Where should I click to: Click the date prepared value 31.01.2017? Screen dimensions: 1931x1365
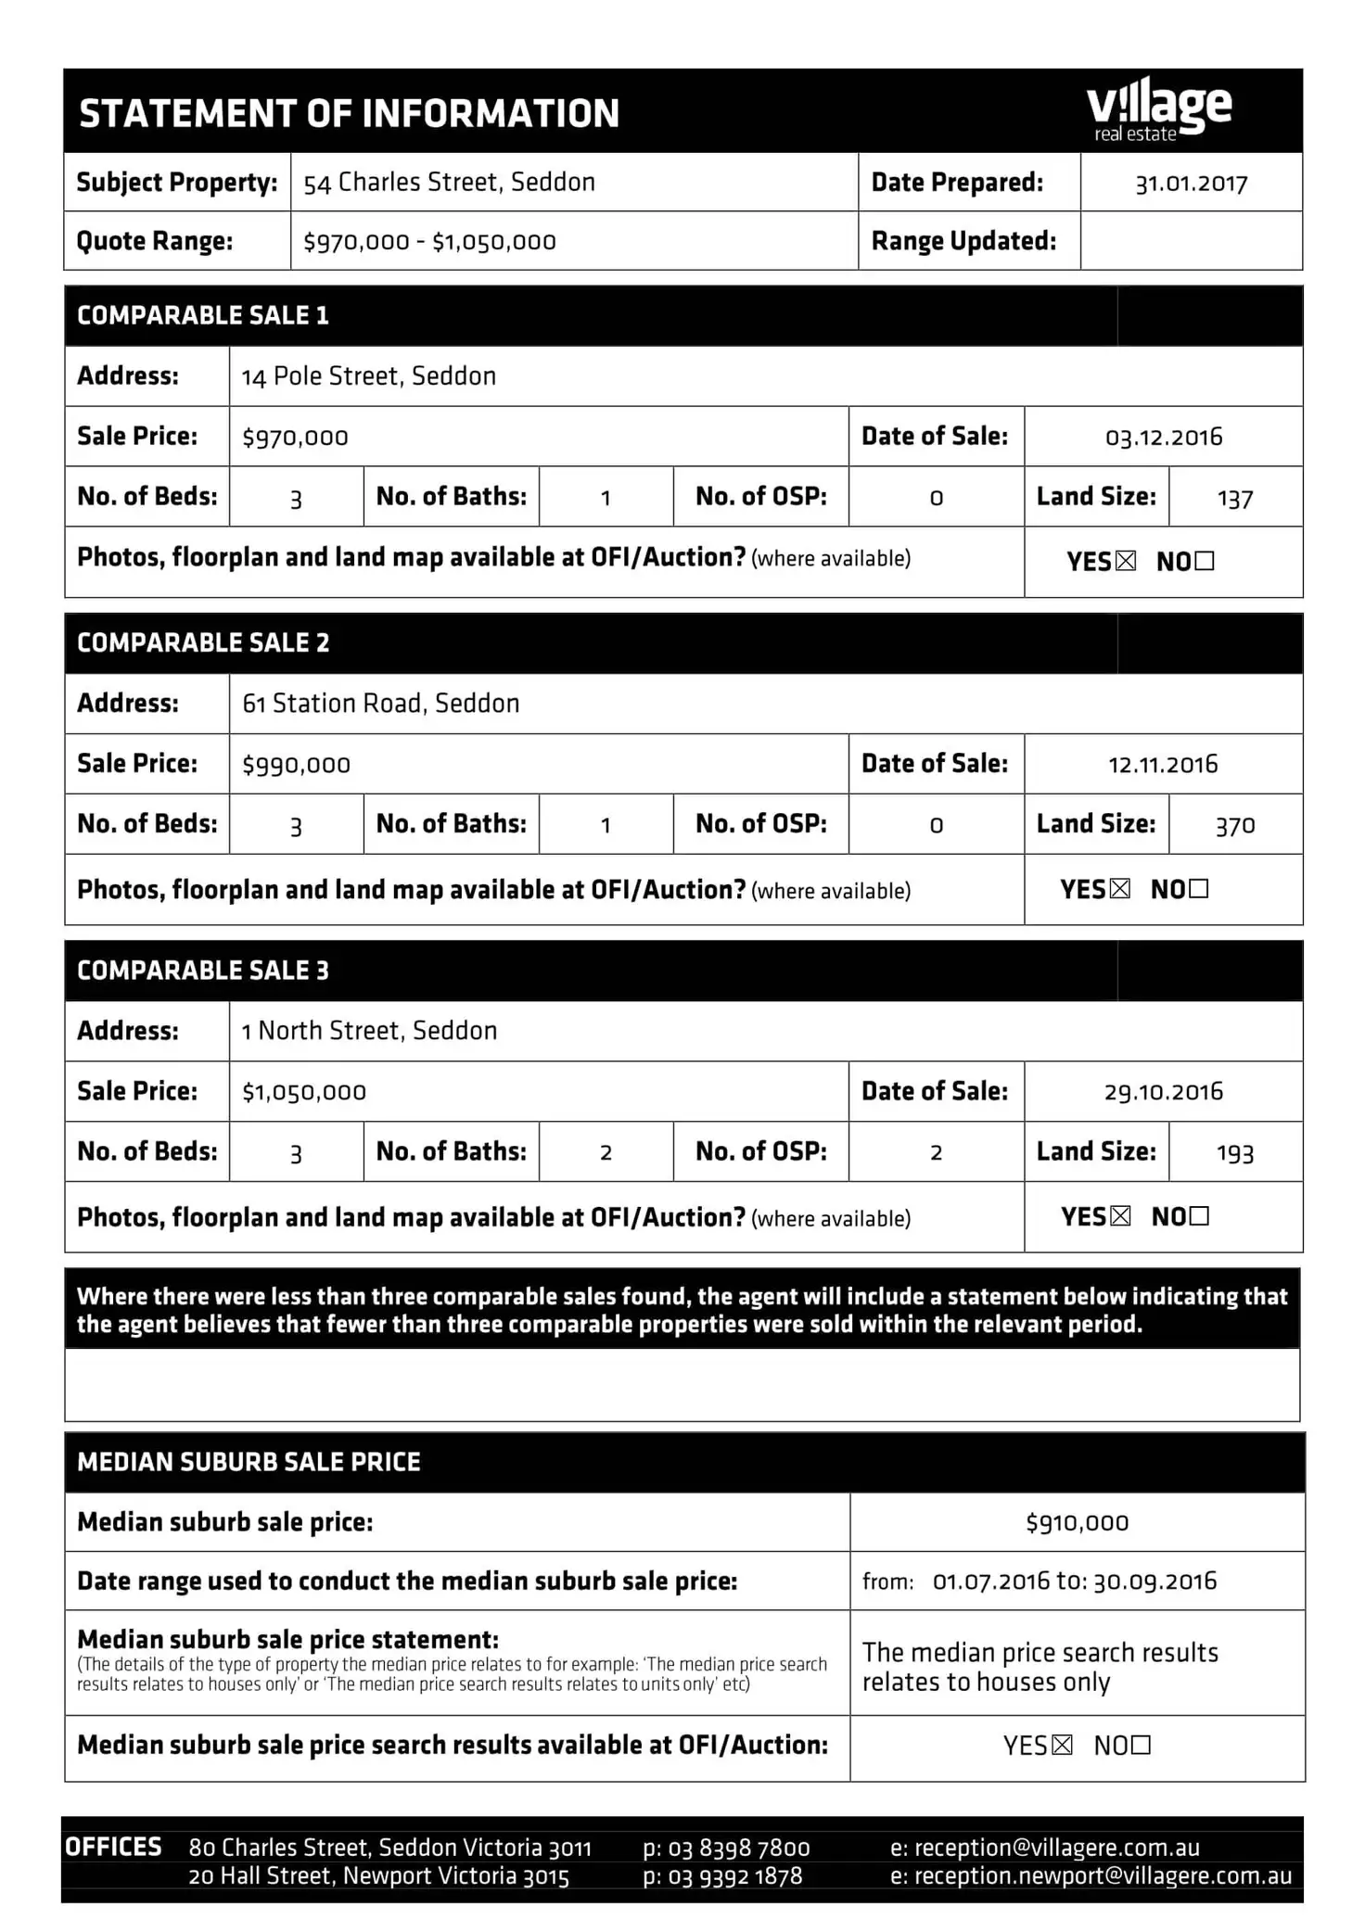pyautogui.click(x=1191, y=184)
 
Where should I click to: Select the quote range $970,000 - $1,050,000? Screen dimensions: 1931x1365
pyautogui.click(x=429, y=242)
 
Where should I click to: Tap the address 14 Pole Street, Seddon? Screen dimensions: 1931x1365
pyautogui.click(x=369, y=376)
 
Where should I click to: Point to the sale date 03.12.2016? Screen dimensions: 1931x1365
pyautogui.click(x=1163, y=438)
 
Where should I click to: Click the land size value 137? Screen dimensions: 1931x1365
pyautogui.click(x=1234, y=500)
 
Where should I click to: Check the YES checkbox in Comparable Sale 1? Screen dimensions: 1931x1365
pyautogui.click(x=1126, y=561)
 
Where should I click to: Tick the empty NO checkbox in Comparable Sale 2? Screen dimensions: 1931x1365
pyautogui.click(x=1198, y=889)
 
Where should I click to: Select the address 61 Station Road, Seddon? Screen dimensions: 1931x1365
pyautogui.click(x=380, y=704)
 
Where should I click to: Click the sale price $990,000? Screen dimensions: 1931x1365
pyautogui.click(x=296, y=765)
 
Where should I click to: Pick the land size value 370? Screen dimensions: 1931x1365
pyautogui.click(x=1234, y=826)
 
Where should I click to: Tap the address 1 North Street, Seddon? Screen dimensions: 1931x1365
pyautogui.click(x=369, y=1031)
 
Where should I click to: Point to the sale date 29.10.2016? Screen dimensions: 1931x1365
pyautogui.click(x=1163, y=1092)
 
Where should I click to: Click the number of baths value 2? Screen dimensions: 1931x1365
pyautogui.click(x=606, y=1152)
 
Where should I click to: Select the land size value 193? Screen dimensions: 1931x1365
pyautogui.click(x=1234, y=1153)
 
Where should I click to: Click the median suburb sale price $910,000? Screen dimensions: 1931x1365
pyautogui.click(x=1077, y=1523)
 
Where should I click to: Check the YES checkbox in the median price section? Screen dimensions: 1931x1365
pyautogui.click(x=1063, y=1746)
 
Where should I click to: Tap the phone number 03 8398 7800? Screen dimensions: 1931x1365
pyautogui.click(x=738, y=1848)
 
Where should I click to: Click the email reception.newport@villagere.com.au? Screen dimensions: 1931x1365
pyautogui.click(x=1103, y=1876)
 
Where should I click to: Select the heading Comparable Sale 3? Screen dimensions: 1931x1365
pyautogui.click(x=203, y=971)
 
